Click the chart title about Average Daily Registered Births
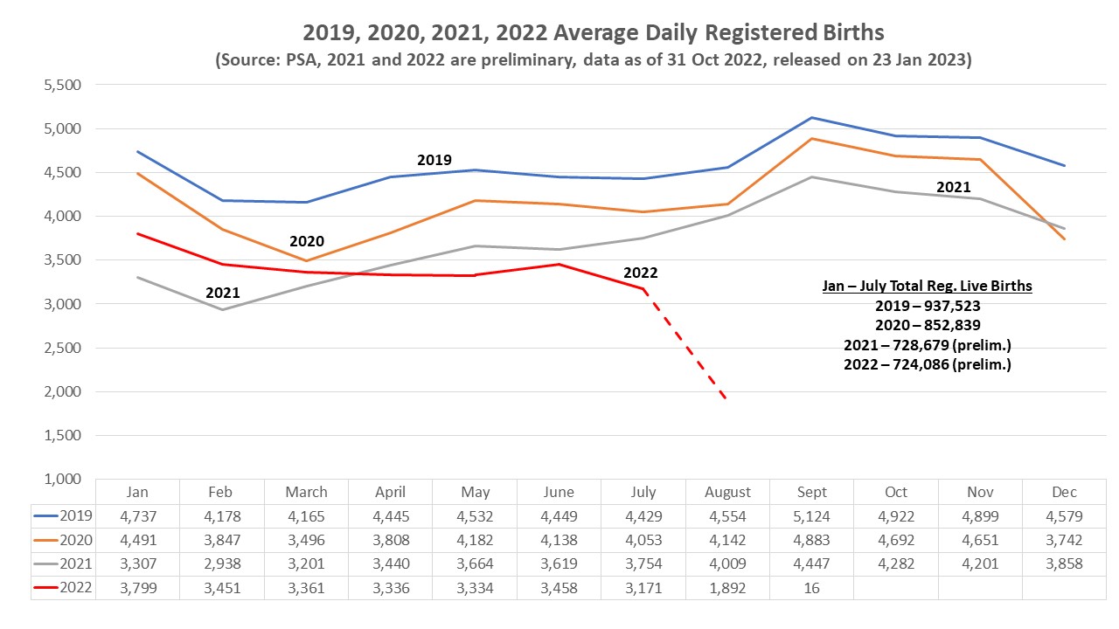coord(594,33)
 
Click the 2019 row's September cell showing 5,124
coord(811,515)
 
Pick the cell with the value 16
coord(811,589)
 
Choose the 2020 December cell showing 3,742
coord(1065,540)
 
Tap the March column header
coord(306,492)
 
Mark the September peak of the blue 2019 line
coord(811,118)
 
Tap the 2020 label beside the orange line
coord(307,241)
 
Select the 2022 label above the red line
coord(640,273)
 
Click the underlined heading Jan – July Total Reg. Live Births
coord(927,286)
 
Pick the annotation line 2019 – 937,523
coord(927,306)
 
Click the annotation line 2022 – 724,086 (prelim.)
coord(927,364)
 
